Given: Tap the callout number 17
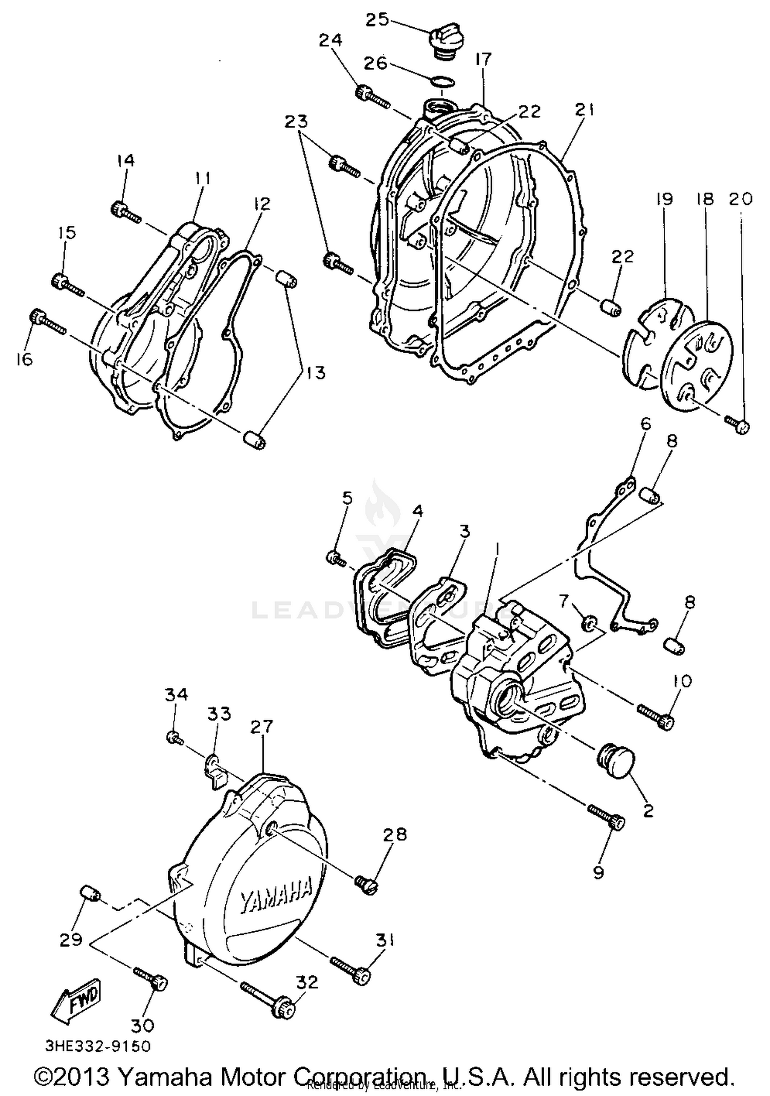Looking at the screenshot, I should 483,60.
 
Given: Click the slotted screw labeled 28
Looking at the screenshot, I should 367,885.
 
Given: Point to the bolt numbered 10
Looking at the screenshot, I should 657,716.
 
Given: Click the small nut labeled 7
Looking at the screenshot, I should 589,624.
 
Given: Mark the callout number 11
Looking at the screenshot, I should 202,179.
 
